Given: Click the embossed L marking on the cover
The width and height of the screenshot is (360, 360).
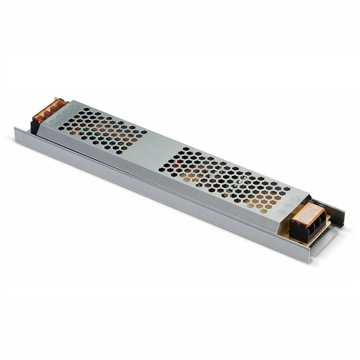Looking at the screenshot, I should point(294,199).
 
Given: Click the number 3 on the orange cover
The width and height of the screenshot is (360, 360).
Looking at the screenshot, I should point(48,113).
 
